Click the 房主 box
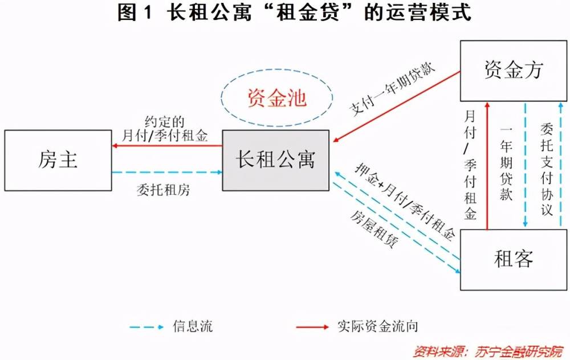click(x=58, y=160)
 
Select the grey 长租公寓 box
click(x=275, y=160)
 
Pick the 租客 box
click(x=513, y=260)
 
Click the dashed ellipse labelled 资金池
click(x=276, y=98)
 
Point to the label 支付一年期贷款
click(x=393, y=91)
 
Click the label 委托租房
click(x=164, y=190)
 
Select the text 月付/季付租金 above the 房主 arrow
click(x=165, y=136)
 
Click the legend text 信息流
click(x=192, y=327)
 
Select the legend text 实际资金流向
click(x=377, y=327)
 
